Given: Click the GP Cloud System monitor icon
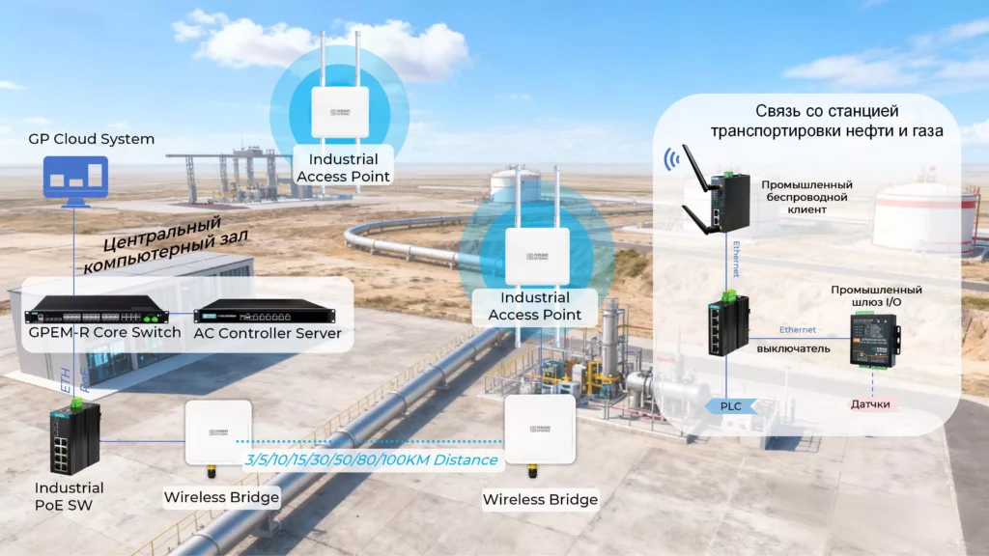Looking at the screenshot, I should (x=76, y=181).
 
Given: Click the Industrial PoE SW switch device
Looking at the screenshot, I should (x=74, y=439).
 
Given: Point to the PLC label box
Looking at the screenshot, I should (x=731, y=406).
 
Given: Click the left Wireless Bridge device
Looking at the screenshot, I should (x=219, y=434).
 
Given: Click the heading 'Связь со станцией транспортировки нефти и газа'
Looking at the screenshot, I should (x=826, y=121).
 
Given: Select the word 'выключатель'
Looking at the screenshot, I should (x=793, y=348).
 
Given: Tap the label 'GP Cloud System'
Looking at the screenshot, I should (x=91, y=139).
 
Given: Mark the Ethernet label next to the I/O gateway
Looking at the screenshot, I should (x=797, y=330).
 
